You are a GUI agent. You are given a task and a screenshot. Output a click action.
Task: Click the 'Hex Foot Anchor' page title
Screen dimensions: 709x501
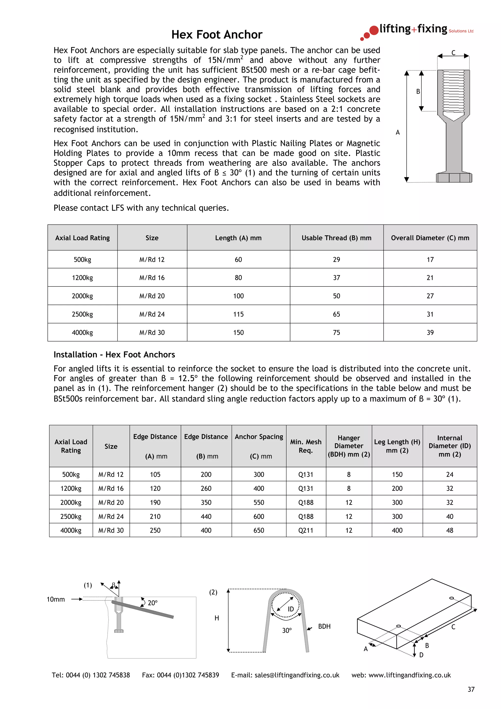coord(217,34)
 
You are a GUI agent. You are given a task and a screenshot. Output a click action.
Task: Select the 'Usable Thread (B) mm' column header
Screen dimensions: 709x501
coord(336,238)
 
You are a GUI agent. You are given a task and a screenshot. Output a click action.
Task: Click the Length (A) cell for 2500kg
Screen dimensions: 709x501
coord(238,314)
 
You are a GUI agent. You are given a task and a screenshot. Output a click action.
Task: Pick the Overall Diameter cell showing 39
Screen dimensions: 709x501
coord(430,332)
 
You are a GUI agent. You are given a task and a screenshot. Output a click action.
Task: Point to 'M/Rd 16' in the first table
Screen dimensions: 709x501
coord(152,278)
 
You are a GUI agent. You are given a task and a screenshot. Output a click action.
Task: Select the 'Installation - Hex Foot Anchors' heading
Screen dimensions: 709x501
coord(114,354)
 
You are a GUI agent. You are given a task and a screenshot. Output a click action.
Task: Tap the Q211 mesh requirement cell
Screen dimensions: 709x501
coord(306,530)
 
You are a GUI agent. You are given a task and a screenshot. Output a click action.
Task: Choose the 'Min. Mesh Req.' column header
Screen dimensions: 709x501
coord(306,446)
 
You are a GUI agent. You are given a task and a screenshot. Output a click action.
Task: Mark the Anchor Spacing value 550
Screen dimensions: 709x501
coord(259,503)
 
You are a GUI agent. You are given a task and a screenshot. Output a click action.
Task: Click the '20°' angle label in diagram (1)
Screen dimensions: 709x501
coord(152,603)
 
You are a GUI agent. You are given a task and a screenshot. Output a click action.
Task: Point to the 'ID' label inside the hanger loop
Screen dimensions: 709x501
coord(291,609)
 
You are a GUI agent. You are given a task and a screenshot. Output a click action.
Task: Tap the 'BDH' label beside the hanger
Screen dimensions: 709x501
coord(324,626)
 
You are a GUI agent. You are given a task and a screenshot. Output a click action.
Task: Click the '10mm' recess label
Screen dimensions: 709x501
coord(56,599)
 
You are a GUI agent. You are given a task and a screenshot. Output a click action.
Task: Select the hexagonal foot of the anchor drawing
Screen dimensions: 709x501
coord(454,178)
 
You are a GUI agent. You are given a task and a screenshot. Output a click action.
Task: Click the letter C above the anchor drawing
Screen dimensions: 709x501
coord(453,53)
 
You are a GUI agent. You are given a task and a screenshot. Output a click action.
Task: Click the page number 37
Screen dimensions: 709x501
coord(471,689)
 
